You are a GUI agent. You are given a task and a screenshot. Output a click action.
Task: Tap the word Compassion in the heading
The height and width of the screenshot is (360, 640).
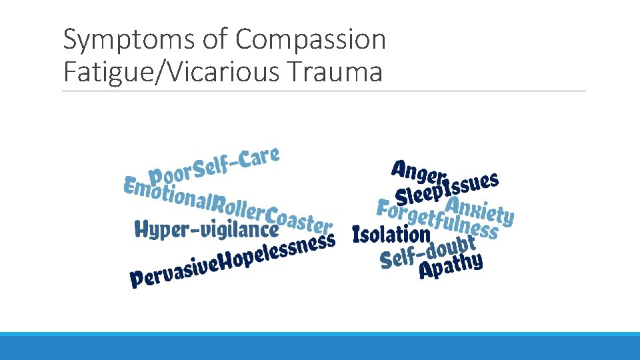click(x=310, y=41)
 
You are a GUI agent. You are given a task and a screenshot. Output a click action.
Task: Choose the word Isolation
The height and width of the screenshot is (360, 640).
click(x=392, y=234)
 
